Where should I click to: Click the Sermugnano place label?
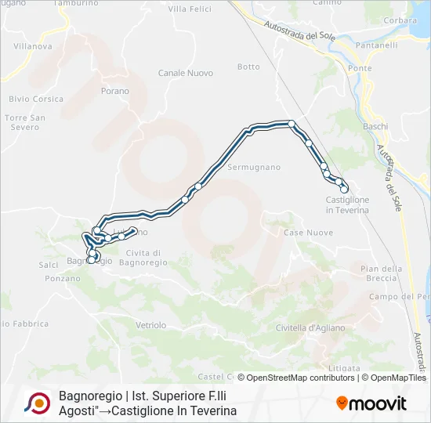point(254,168)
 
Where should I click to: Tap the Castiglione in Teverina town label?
point(347,205)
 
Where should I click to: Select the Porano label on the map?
point(114,91)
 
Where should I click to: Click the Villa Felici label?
point(190,9)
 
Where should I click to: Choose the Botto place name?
point(248,67)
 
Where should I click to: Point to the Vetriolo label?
point(150,324)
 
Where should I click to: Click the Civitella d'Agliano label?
point(310,328)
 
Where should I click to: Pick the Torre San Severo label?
point(26,122)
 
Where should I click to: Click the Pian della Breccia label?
point(381,273)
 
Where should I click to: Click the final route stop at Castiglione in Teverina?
point(344,189)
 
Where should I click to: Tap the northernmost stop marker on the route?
point(291,123)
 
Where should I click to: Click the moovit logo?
point(371,403)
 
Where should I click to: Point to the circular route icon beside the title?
point(37,403)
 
